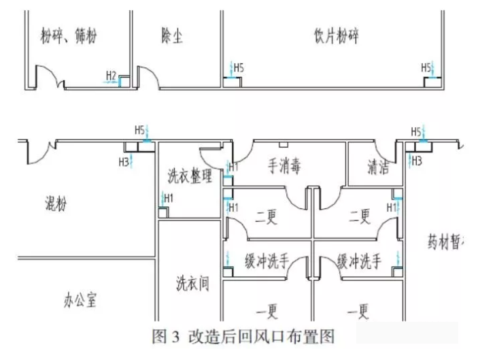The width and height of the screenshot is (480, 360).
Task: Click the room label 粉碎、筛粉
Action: tap(69, 36)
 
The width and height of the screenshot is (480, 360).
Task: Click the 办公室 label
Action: tap(81, 298)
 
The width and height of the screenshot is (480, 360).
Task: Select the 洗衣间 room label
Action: tap(192, 283)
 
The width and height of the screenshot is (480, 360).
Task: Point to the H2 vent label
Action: tap(112, 75)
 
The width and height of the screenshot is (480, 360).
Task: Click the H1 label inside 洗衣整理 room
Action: tap(168, 198)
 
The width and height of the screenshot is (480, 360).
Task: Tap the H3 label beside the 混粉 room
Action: tap(124, 162)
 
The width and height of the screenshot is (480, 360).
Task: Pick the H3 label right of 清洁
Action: tap(416, 161)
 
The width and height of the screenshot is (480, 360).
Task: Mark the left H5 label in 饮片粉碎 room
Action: tap(239, 67)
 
